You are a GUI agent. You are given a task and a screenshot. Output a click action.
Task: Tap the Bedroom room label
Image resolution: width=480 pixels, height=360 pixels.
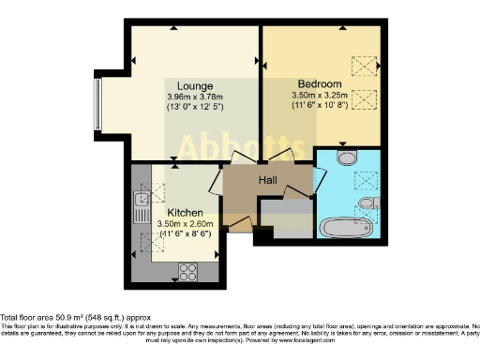click(x=320, y=82)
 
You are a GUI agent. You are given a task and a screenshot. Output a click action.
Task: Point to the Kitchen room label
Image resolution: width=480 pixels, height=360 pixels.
click(x=185, y=213)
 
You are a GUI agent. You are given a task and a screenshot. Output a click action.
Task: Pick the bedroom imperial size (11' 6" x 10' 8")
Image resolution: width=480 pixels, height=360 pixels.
click(x=320, y=105)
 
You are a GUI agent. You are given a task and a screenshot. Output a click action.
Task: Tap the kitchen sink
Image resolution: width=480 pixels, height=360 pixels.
click(x=141, y=200)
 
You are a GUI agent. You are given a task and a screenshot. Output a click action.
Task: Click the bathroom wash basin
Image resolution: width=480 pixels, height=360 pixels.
click(x=368, y=202)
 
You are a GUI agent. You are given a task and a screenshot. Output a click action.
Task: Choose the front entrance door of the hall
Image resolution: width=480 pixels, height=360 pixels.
click(x=239, y=226)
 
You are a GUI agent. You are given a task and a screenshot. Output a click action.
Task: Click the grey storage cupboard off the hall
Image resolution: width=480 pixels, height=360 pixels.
click(x=285, y=218)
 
